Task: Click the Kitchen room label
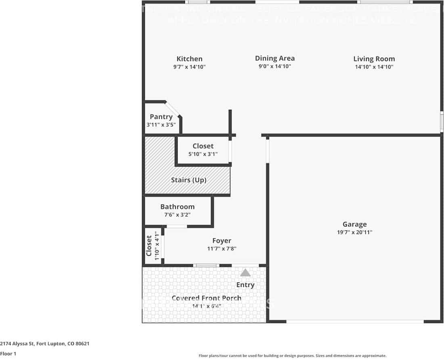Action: point(189,59)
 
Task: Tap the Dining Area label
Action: point(274,59)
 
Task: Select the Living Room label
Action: point(374,59)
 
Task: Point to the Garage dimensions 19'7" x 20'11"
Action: point(355,232)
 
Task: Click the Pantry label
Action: point(161,117)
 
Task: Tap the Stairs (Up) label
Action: point(188,180)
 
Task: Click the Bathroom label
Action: point(177,207)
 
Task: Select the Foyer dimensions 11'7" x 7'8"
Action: point(222,249)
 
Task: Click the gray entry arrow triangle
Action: point(245,273)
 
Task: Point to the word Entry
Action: point(245,285)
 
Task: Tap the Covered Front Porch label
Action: point(206,298)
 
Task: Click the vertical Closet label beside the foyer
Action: point(149,246)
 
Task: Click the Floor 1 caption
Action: point(8,354)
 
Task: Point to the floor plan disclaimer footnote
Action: point(292,356)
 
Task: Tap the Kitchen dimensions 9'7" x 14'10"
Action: point(189,67)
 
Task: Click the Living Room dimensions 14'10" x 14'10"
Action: point(374,67)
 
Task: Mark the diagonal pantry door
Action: point(173,109)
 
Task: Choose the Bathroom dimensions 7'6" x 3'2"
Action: point(177,215)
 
